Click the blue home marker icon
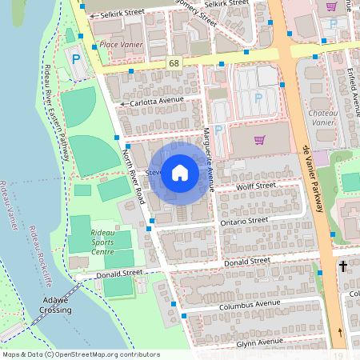click(180, 172)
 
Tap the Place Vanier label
click(121, 45)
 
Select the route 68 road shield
click(174, 62)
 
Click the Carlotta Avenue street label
click(157, 101)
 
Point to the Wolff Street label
click(256, 186)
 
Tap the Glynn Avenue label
click(260, 342)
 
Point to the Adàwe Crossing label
click(56, 305)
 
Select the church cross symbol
click(344, 266)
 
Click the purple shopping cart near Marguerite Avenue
click(258, 140)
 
